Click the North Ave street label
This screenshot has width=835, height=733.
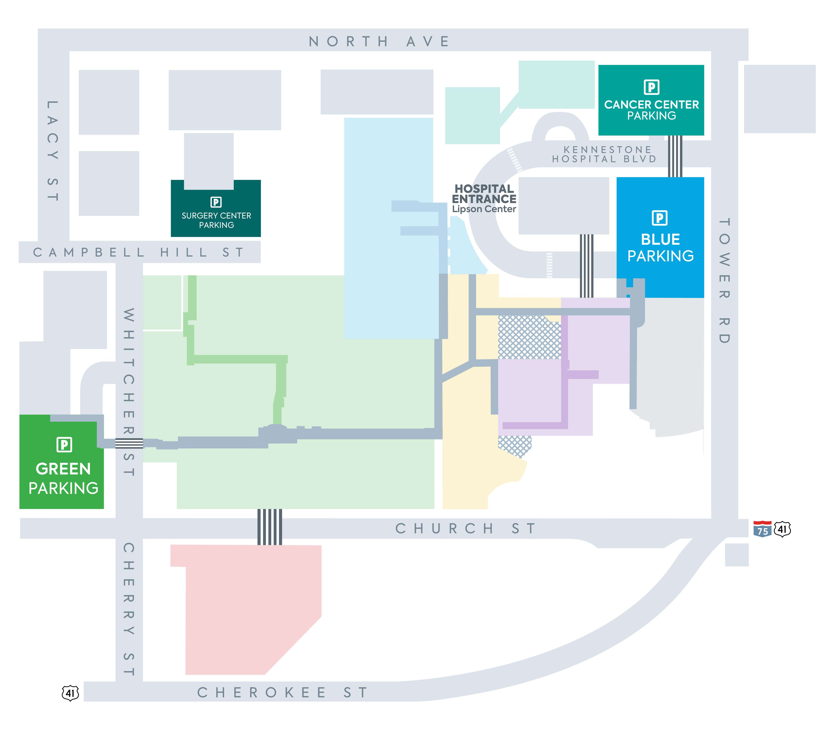coord(379,41)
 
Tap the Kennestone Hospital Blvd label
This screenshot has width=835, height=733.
coord(604,154)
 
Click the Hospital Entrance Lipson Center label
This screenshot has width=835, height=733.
coord(484,198)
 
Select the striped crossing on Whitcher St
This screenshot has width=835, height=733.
coord(129,443)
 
